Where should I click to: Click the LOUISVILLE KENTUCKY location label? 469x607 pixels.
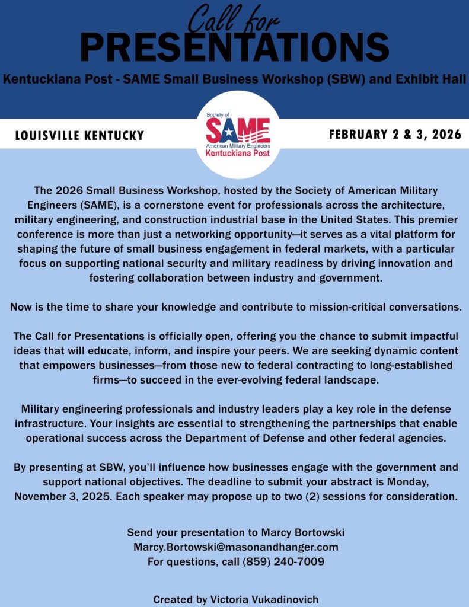[x=79, y=136]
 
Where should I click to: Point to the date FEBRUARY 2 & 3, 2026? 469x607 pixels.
[x=395, y=135]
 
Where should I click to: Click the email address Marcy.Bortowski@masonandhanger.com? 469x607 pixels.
[x=236, y=547]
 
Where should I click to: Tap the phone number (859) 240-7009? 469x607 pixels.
[x=283, y=561]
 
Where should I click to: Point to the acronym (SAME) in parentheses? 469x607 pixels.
[x=79, y=205]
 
